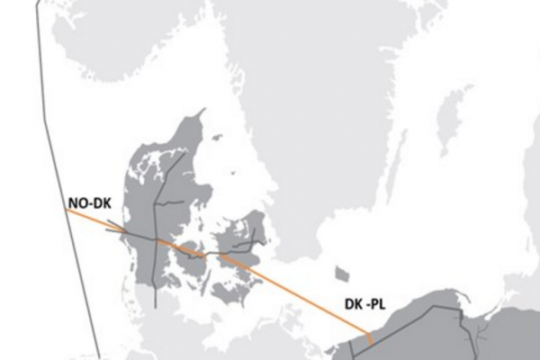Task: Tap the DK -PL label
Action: click(x=365, y=305)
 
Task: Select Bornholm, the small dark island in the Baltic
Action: click(x=341, y=273)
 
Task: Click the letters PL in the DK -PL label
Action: click(x=377, y=305)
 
